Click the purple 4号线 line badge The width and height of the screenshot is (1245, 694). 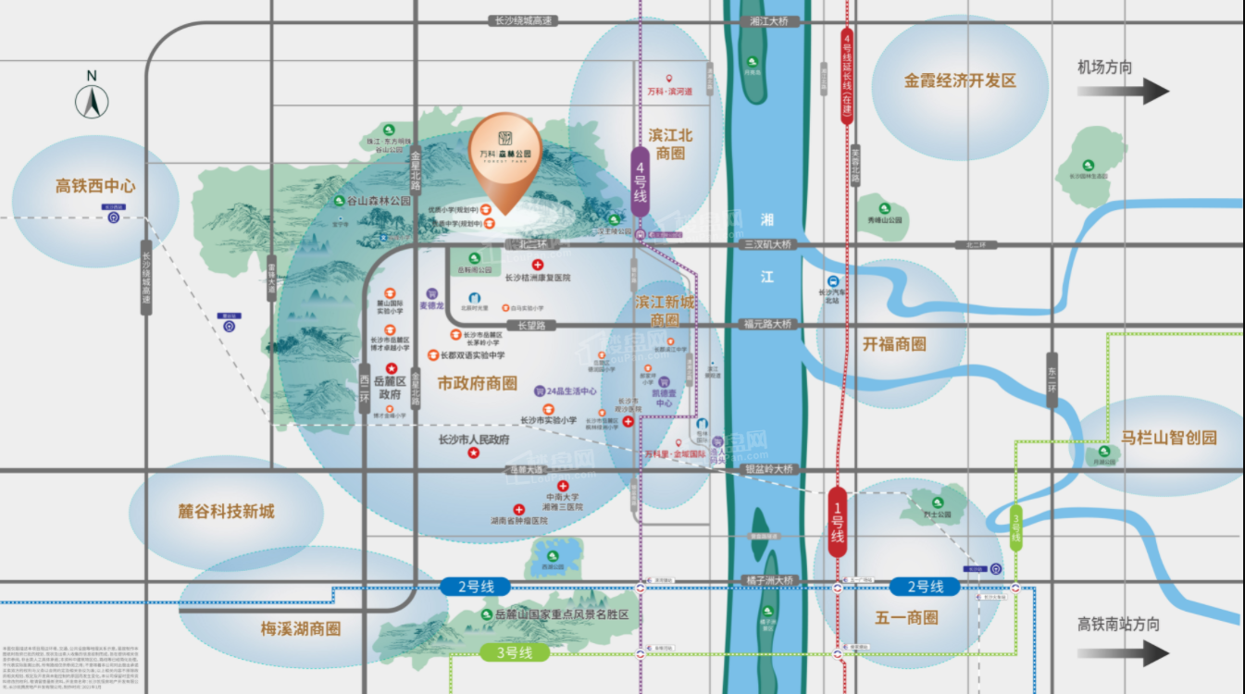[x=640, y=182]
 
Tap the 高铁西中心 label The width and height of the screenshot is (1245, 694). [x=95, y=186]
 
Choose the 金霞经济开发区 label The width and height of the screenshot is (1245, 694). [x=960, y=81]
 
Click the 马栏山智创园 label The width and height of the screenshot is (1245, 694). [x=1169, y=438]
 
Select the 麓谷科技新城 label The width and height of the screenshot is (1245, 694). [x=227, y=511]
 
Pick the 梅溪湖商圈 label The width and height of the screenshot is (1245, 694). [x=301, y=628]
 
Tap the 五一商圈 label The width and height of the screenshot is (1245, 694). [x=906, y=617]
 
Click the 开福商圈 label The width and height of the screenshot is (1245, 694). [x=894, y=343]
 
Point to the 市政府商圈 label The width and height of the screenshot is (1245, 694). [x=478, y=383]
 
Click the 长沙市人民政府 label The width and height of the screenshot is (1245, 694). [x=474, y=440]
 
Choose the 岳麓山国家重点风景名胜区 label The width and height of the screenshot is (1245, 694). [x=562, y=613]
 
